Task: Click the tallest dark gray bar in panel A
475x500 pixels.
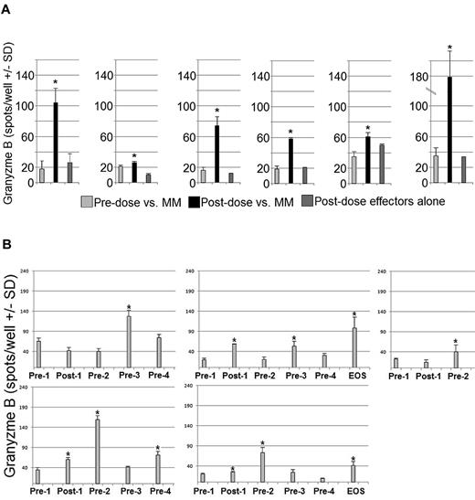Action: pos(379,164)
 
